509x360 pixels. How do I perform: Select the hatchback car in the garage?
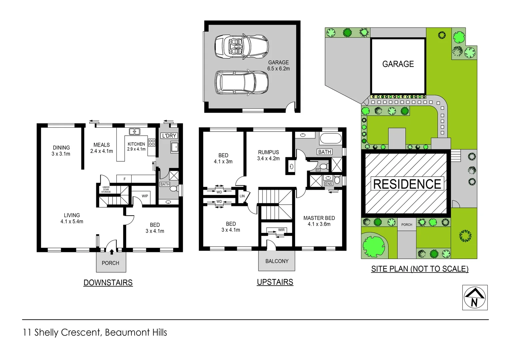[x=242, y=82]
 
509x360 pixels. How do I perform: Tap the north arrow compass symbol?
[x=475, y=297]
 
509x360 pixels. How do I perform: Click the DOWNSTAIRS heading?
[x=108, y=283]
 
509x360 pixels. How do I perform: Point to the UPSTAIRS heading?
[x=275, y=282]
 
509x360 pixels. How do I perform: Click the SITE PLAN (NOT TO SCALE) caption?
[x=420, y=269]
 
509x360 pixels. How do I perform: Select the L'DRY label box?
[x=169, y=136]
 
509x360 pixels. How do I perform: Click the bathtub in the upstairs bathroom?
[x=330, y=138]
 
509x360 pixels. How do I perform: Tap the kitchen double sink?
[x=135, y=132]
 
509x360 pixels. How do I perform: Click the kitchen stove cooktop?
[x=152, y=143]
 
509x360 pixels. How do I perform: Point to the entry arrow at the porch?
[x=112, y=252]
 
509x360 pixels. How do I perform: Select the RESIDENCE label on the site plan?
[x=407, y=184]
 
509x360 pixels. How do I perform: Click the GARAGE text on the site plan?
[x=398, y=64]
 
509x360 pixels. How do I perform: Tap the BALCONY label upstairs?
[x=277, y=261]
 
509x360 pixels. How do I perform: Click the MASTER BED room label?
[x=319, y=221]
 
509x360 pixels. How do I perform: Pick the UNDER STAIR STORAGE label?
[x=106, y=190]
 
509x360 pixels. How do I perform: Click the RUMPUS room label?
[x=268, y=155]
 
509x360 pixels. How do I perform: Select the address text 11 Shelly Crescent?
[x=95, y=332]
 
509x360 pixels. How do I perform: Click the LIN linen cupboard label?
[x=242, y=196]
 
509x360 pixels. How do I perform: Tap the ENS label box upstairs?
[x=328, y=184]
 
